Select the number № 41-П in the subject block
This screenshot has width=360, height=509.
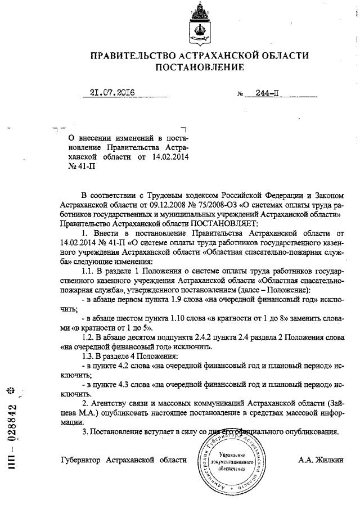(80, 166)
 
